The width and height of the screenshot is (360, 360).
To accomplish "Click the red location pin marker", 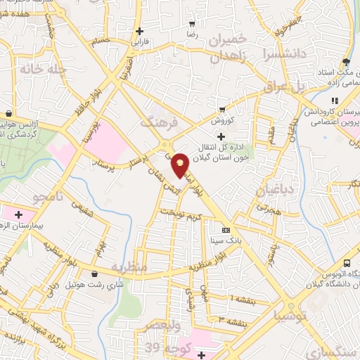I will [181, 165].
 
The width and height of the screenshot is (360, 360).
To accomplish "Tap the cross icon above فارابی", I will [141, 31].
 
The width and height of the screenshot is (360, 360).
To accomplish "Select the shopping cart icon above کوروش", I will [222, 109].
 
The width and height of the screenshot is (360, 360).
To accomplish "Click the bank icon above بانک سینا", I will [226, 230].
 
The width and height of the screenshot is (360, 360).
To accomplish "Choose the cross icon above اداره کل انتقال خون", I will [221, 136].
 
